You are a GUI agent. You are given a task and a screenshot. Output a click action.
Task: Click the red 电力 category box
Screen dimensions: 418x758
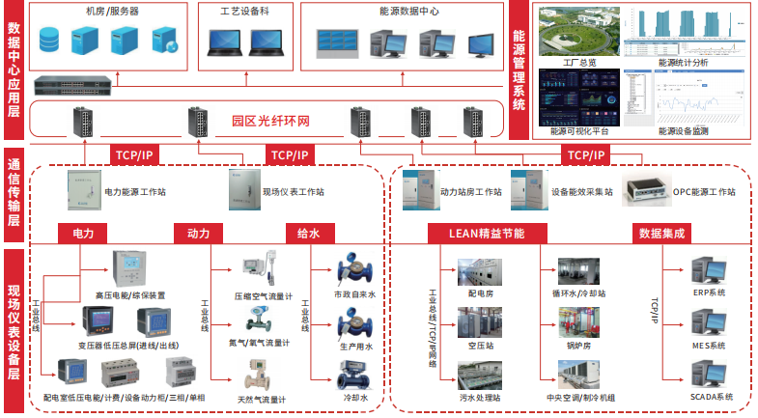click(82, 233)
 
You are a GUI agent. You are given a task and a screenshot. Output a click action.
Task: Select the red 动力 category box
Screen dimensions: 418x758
click(198, 233)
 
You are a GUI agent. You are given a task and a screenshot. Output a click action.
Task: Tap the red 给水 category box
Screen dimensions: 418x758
click(308, 233)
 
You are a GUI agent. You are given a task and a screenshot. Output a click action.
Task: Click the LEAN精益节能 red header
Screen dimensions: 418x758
click(487, 233)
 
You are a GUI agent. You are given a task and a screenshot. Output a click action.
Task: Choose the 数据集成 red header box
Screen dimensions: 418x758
click(661, 233)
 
